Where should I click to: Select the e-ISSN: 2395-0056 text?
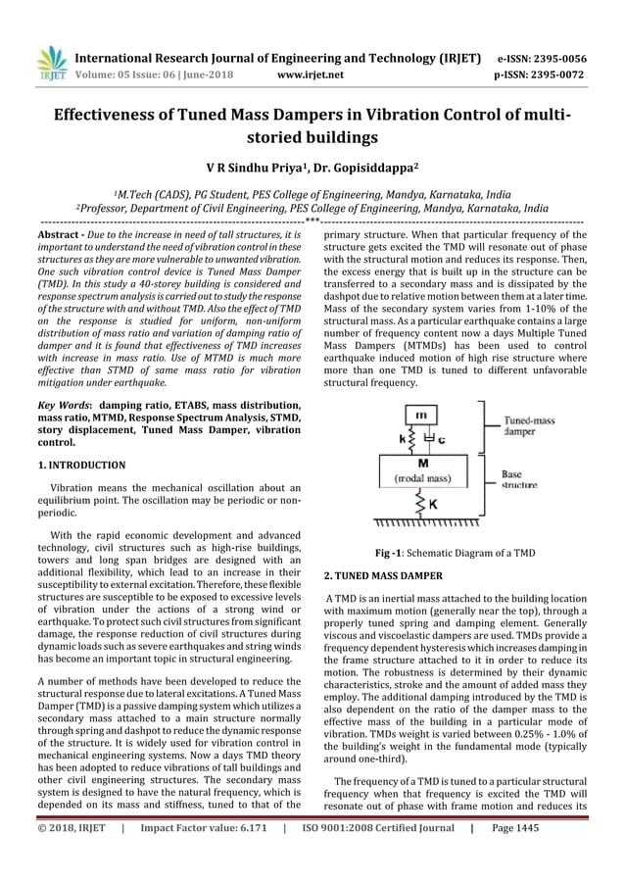(x=542, y=59)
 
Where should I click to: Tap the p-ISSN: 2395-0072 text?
(x=542, y=74)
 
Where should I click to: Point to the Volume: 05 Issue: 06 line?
(x=142, y=74)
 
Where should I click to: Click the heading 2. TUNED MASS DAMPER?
(x=383, y=574)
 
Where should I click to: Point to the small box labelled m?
(x=419, y=415)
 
